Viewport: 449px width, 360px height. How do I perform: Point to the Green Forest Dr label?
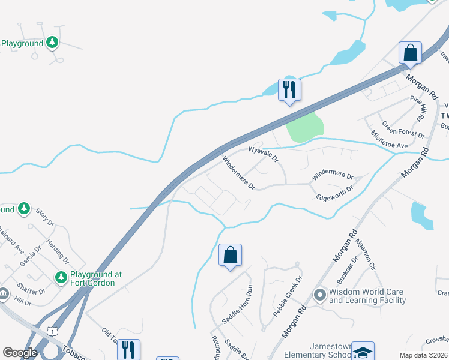click(403, 128)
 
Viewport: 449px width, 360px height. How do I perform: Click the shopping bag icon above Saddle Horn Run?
click(230, 256)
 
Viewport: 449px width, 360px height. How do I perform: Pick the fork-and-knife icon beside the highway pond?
click(289, 90)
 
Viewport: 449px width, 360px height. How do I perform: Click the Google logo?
click(19, 353)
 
